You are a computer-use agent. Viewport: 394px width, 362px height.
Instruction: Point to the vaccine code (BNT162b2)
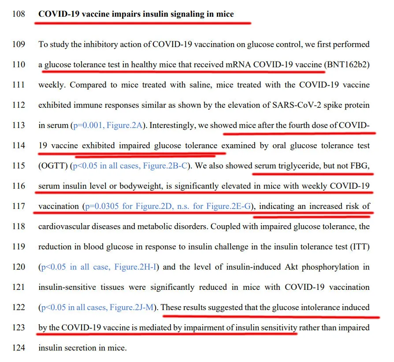[346, 64]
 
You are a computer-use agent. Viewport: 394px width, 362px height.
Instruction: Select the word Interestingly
[173, 125]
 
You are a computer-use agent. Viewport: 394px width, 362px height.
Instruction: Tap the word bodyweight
[141, 186]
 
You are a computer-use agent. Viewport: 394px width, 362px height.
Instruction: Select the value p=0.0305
[103, 206]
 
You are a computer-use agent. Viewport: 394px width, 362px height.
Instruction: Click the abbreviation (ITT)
[360, 246]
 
